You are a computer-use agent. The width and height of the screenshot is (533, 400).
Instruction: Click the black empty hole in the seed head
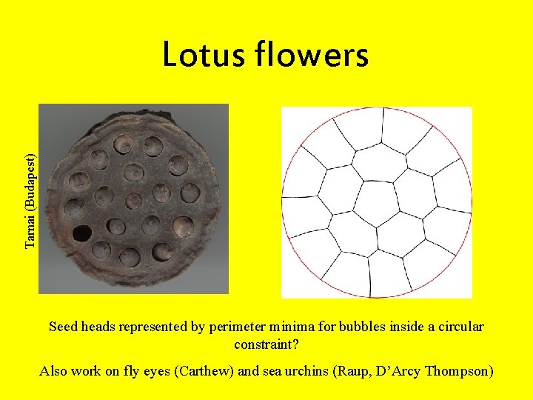(x=81, y=233)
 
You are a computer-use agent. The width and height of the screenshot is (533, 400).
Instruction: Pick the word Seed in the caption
(x=64, y=327)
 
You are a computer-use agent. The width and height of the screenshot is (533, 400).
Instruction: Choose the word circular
(x=458, y=327)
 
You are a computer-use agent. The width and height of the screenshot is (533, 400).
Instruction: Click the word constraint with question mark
(x=266, y=344)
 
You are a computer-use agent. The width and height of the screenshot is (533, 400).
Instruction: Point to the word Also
(x=54, y=371)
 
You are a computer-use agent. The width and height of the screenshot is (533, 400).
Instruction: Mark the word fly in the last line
(x=150, y=371)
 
